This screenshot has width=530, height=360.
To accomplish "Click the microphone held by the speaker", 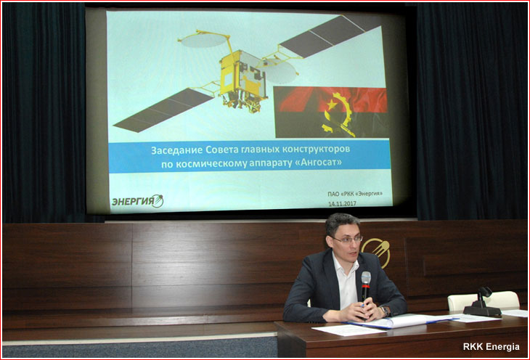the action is point(366,286).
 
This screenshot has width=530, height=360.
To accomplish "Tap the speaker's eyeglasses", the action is point(347,240).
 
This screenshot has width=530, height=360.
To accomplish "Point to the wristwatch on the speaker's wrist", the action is point(384,311).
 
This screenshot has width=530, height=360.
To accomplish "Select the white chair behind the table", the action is point(484,300).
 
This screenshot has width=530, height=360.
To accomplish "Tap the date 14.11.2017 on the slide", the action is point(342,204).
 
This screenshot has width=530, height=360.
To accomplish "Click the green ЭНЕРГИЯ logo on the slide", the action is point(137,201).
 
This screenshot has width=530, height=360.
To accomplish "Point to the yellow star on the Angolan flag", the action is point(331,104).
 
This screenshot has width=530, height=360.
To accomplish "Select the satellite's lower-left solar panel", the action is point(164,110).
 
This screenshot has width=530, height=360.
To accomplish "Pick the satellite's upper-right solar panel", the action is point(330,35).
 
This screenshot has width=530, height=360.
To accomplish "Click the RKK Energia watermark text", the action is point(491,346).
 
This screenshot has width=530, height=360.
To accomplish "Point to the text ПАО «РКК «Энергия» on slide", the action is point(355,194).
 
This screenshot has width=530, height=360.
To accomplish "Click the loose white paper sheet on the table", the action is point(348,330).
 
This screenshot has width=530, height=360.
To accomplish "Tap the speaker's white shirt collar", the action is point(346,262).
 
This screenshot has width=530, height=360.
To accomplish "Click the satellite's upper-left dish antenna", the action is point(203,40).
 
